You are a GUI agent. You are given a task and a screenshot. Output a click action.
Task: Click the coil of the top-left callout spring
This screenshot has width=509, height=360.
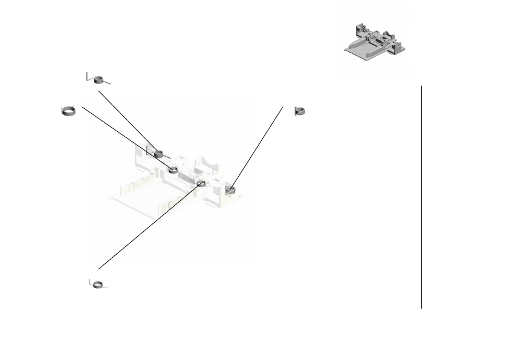coord(102,78)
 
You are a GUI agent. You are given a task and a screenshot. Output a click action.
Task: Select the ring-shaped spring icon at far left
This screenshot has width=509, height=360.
coord(69,110)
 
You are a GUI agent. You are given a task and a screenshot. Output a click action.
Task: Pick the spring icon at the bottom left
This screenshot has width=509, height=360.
coord(99,284)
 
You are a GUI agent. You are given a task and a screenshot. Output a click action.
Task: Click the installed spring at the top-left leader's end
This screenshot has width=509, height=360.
coord(159,154)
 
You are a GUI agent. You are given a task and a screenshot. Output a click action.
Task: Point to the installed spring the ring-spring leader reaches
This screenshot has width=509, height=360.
coord(173,170)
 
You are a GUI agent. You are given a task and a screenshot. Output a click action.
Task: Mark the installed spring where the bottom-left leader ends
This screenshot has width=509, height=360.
coord(201,183)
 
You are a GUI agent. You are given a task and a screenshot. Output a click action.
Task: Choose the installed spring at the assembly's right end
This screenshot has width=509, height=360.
coord(230,191)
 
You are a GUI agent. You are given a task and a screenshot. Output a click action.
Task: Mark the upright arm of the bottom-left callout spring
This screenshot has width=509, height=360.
coord(91,282)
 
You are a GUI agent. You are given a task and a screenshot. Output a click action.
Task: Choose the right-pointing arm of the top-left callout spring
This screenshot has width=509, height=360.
coord(109,80)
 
